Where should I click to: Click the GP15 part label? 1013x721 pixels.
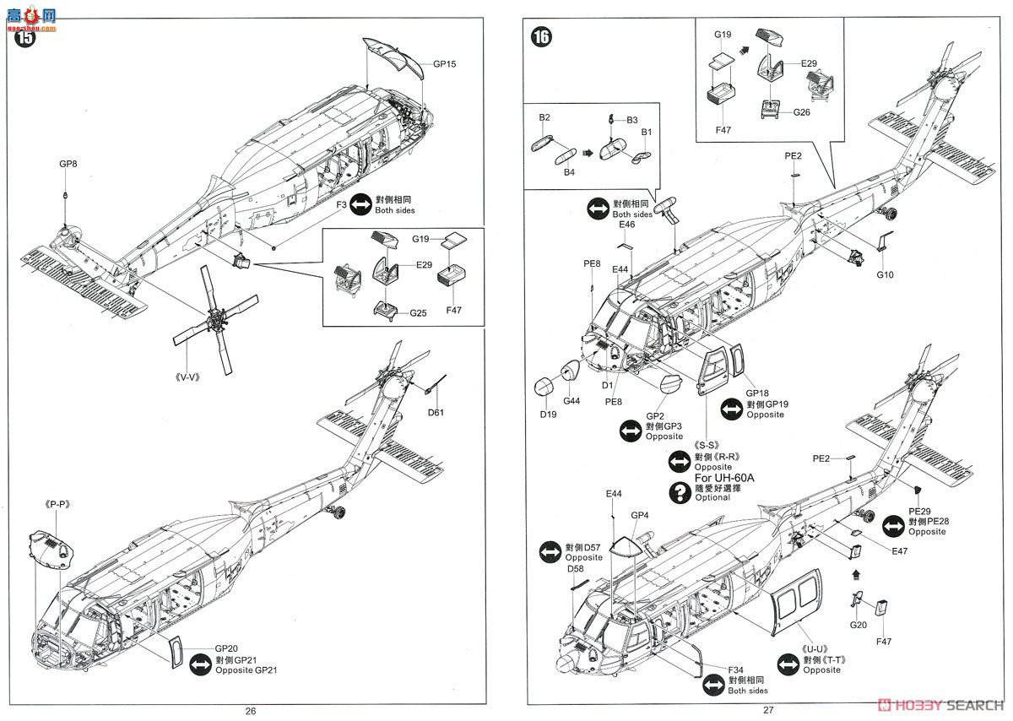445,64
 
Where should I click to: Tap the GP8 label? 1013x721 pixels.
68,164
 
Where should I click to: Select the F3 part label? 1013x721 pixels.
341,204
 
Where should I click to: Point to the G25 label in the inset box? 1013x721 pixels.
419,313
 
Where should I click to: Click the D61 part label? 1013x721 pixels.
436,412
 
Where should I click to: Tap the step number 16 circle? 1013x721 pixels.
542,36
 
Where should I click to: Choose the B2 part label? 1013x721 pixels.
544,117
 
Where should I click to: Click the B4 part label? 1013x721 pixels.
545,173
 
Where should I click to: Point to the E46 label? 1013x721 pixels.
626,225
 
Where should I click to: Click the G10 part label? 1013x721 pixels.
885,274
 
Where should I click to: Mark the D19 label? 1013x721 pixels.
549,415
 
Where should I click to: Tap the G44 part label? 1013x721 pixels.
572,400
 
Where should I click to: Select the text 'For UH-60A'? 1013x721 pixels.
723,478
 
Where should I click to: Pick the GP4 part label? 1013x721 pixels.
639,516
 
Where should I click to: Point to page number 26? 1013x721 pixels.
250,710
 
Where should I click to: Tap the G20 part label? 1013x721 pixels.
859,625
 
